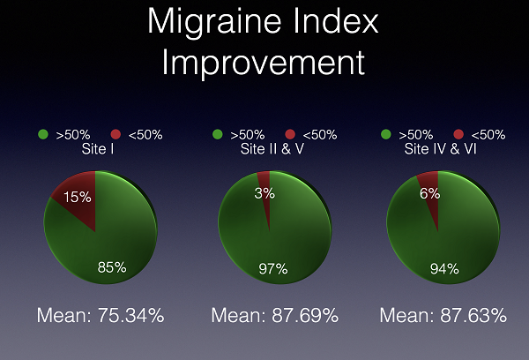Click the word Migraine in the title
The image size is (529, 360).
214,22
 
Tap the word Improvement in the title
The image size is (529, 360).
264,63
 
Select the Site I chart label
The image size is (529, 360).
98,149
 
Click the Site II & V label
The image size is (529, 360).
272,149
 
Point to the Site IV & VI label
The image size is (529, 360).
440,149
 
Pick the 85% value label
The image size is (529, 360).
112,267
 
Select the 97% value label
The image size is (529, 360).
273,269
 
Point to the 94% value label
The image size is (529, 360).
444,269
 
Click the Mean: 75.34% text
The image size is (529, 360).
101,315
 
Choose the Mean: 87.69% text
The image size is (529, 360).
274,315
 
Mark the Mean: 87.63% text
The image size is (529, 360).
443,315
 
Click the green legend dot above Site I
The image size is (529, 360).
43,134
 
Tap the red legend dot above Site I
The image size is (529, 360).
115,134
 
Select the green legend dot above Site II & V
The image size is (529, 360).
218,134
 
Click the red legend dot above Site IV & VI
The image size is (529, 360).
458,134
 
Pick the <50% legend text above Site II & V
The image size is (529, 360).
320,135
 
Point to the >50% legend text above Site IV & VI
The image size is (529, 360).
415,135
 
